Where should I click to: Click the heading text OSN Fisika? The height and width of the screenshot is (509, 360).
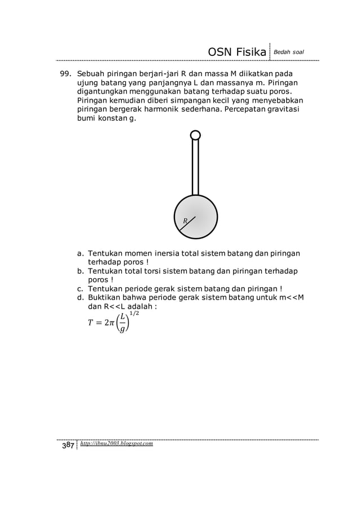point(237,52)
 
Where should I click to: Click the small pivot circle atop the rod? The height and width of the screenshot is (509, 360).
point(195,135)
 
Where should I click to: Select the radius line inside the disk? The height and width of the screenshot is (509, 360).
point(187,223)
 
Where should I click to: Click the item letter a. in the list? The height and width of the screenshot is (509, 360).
point(81,253)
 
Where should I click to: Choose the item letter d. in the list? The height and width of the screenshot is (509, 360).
point(81,298)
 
